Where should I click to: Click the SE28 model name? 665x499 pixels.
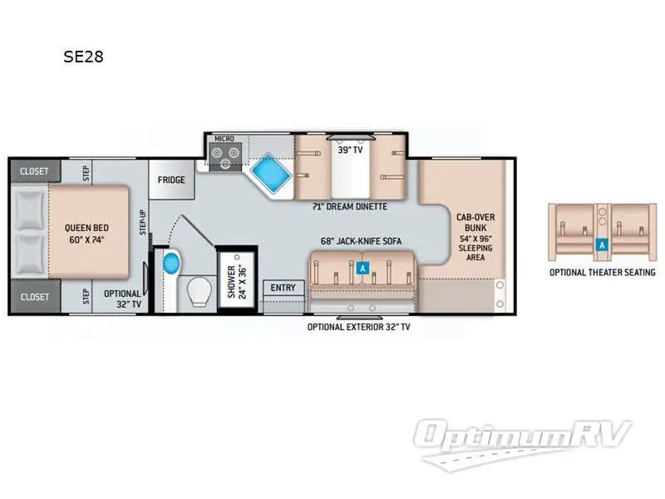83,57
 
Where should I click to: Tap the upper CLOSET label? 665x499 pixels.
34,171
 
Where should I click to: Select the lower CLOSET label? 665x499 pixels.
35,297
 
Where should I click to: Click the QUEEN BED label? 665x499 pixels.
86,234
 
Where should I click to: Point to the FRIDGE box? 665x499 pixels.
171,180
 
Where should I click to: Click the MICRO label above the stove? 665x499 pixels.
224,138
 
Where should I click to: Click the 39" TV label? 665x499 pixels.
350,150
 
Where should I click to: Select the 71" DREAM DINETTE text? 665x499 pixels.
350,206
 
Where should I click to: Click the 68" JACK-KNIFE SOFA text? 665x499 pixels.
361,241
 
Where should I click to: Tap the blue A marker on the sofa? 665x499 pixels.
362,268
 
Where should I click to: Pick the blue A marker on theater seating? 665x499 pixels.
602,245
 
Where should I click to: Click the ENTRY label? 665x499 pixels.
283,288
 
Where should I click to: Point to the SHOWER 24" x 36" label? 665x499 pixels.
237,282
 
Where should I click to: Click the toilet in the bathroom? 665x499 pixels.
199,291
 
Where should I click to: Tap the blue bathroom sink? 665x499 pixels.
172,264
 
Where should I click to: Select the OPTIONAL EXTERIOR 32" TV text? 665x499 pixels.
359,327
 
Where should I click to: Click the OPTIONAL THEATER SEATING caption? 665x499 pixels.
602,273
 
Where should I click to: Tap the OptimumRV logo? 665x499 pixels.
523,442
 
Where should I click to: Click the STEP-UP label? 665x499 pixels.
143,222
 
